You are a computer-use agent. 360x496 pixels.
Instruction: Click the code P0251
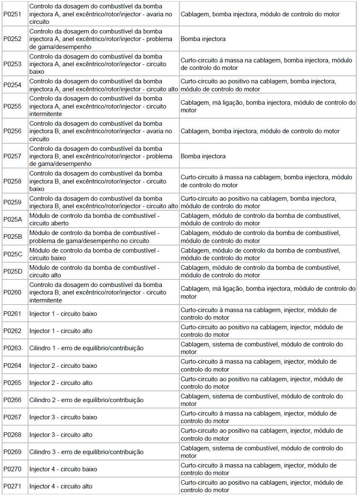coord(12,14)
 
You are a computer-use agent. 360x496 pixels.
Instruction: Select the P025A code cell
coord(13,219)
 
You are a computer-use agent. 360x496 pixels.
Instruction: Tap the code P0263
coord(12,348)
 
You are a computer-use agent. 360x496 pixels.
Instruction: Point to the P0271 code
coord(12,486)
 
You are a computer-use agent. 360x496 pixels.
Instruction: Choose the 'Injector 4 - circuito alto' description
coord(61,486)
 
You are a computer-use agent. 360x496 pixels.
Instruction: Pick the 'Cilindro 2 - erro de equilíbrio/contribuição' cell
coord(86,400)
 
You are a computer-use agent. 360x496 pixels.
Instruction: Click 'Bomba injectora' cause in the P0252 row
coord(203,39)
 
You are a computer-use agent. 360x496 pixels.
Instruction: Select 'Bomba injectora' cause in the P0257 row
coord(203,156)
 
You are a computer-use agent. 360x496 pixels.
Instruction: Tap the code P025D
coord(13,271)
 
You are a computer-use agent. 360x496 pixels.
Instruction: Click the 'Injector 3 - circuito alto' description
coord(61,435)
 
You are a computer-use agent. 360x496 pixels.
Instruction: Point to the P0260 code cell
coord(12,292)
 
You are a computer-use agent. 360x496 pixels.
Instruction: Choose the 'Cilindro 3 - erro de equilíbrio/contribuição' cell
coord(86,452)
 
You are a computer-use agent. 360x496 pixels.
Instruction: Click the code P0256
coord(12,131)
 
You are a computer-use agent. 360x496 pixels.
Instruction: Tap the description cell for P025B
coord(94,237)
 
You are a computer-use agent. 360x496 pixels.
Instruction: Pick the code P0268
coord(12,435)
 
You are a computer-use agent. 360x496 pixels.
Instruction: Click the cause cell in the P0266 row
coord(262,400)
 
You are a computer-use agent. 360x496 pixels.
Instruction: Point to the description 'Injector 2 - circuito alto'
coord(61,383)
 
